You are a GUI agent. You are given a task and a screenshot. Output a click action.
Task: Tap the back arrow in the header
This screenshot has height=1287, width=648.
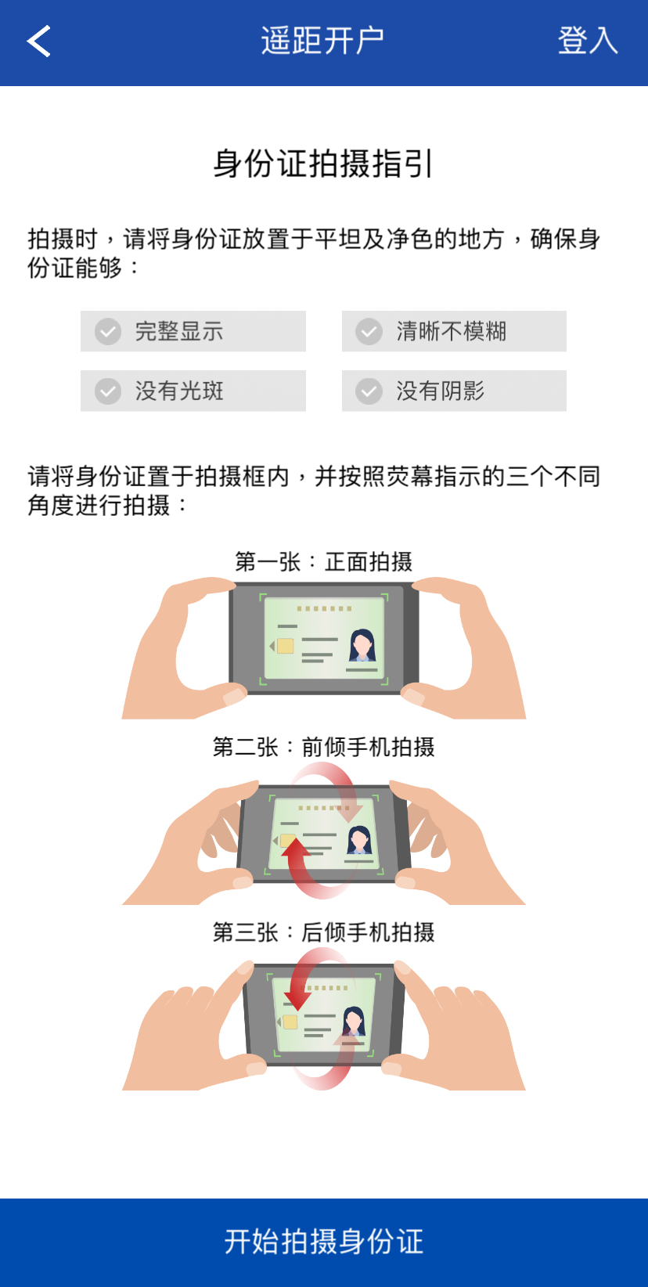click(x=38, y=41)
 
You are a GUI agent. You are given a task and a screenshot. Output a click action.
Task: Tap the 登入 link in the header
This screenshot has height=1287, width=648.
click(x=588, y=41)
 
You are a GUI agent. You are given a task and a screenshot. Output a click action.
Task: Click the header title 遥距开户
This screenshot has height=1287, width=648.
click(x=322, y=41)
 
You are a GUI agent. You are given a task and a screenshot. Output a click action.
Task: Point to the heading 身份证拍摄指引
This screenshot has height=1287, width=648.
click(x=323, y=164)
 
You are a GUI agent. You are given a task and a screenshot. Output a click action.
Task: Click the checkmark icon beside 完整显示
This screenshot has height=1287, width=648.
click(x=108, y=331)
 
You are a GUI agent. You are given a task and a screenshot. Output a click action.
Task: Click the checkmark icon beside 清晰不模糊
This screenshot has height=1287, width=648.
click(x=369, y=331)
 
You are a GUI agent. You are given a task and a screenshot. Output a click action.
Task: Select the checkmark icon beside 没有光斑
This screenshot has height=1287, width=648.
click(x=108, y=391)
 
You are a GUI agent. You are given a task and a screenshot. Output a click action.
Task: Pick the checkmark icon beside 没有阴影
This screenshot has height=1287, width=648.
click(x=369, y=391)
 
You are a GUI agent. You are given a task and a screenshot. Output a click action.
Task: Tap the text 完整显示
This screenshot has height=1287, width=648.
click(x=179, y=331)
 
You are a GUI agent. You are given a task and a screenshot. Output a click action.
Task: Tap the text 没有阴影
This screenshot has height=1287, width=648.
click(x=440, y=391)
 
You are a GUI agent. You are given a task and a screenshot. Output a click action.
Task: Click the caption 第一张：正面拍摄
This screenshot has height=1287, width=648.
click(x=323, y=562)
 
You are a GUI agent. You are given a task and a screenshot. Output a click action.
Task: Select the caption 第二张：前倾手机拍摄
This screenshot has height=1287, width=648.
click(x=323, y=747)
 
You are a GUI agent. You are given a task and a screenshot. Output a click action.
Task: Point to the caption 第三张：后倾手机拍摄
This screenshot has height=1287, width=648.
click(x=323, y=932)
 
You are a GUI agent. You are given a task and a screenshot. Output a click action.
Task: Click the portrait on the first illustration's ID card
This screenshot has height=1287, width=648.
click(x=362, y=646)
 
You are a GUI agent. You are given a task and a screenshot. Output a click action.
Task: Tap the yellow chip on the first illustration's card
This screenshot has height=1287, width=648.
click(x=285, y=647)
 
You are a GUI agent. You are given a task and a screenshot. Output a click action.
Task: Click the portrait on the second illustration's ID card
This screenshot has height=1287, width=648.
click(x=360, y=840)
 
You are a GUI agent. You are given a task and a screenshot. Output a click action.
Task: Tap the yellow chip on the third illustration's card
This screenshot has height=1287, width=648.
click(x=290, y=1022)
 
